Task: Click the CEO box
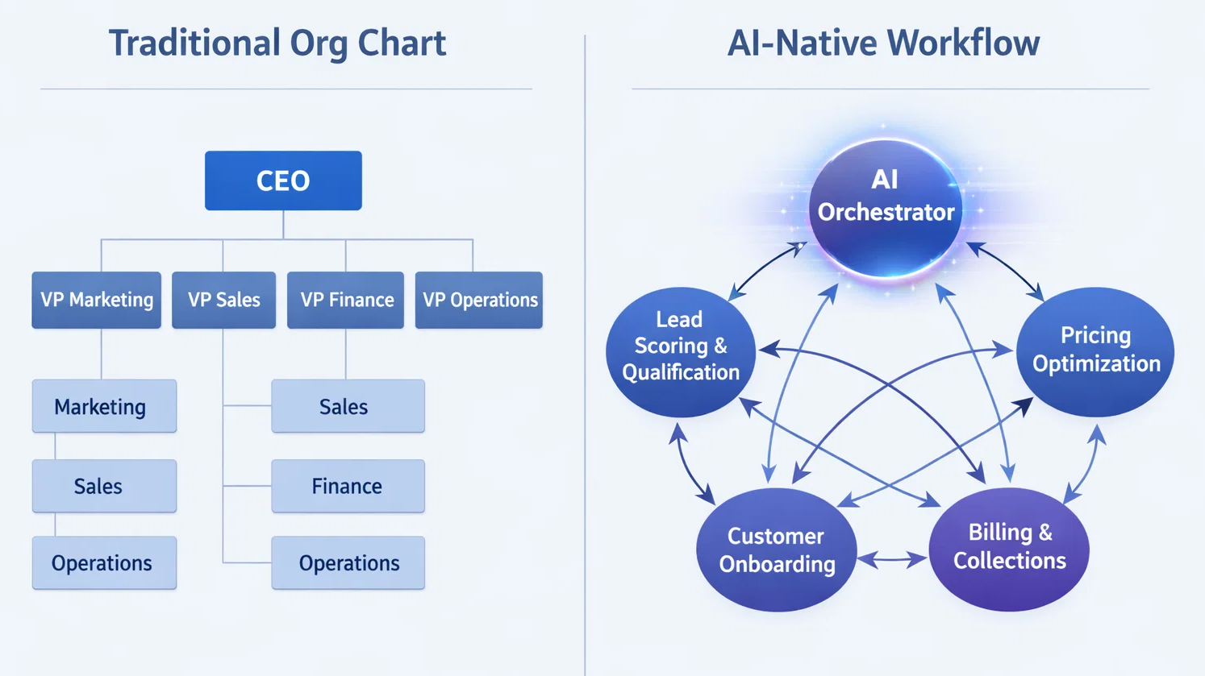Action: [x=283, y=180]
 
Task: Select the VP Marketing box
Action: [x=97, y=300]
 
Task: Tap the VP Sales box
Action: [x=223, y=300]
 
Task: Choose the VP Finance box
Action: [x=346, y=300]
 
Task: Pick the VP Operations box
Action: [x=479, y=300]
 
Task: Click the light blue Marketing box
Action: [x=104, y=406]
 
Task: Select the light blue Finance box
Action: [x=348, y=486]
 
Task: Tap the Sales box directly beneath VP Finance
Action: [x=348, y=406]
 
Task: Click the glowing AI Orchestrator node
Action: [x=886, y=208]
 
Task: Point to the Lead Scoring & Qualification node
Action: [x=680, y=352]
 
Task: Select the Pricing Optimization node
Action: [x=1095, y=352]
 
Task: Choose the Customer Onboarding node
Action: [x=776, y=550]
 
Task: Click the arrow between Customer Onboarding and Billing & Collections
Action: [x=892, y=558]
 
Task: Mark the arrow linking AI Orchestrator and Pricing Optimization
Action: [x=1005, y=270]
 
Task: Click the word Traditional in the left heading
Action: [x=194, y=44]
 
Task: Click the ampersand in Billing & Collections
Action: [x=1045, y=533]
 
